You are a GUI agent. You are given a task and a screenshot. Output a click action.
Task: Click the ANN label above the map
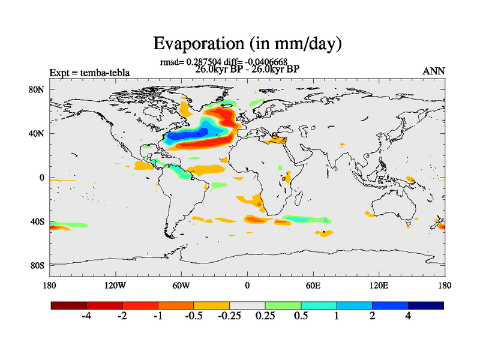pos(434,71)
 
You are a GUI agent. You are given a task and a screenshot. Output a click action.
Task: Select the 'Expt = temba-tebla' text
pos(89,73)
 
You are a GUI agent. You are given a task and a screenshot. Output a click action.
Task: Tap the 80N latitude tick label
pos(38,90)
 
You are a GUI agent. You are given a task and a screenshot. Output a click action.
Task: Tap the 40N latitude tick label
pos(38,134)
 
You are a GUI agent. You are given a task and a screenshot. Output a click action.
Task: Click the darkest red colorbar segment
pos(69,305)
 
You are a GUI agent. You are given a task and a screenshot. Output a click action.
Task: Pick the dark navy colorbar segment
pos(425,305)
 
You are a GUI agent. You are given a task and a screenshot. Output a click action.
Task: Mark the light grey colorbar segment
pos(247,305)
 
